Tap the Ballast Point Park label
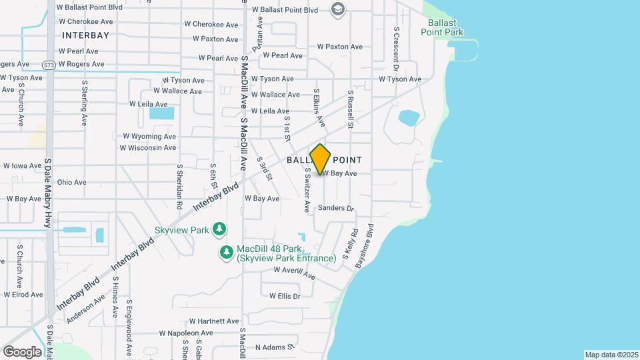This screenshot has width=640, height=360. pyautogui.click(x=441, y=27)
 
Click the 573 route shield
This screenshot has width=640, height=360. pyautogui.click(x=48, y=65)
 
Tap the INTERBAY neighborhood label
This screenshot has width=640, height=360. pyautogui.click(x=85, y=34)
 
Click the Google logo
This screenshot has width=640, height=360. pyautogui.click(x=22, y=351)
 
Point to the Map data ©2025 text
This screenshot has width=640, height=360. pyautogui.click(x=611, y=355)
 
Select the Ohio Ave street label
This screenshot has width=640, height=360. pyautogui.click(x=71, y=182)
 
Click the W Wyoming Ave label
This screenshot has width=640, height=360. pyautogui.click(x=149, y=136)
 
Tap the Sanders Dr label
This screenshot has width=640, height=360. pyautogui.click(x=335, y=208)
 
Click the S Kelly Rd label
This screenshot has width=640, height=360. pyautogui.click(x=351, y=244)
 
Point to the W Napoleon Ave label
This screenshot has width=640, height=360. pyautogui.click(x=186, y=333)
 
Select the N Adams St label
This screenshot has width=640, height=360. pyautogui.click(x=275, y=347)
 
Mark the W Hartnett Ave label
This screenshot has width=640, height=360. pyautogui.click(x=213, y=321)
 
